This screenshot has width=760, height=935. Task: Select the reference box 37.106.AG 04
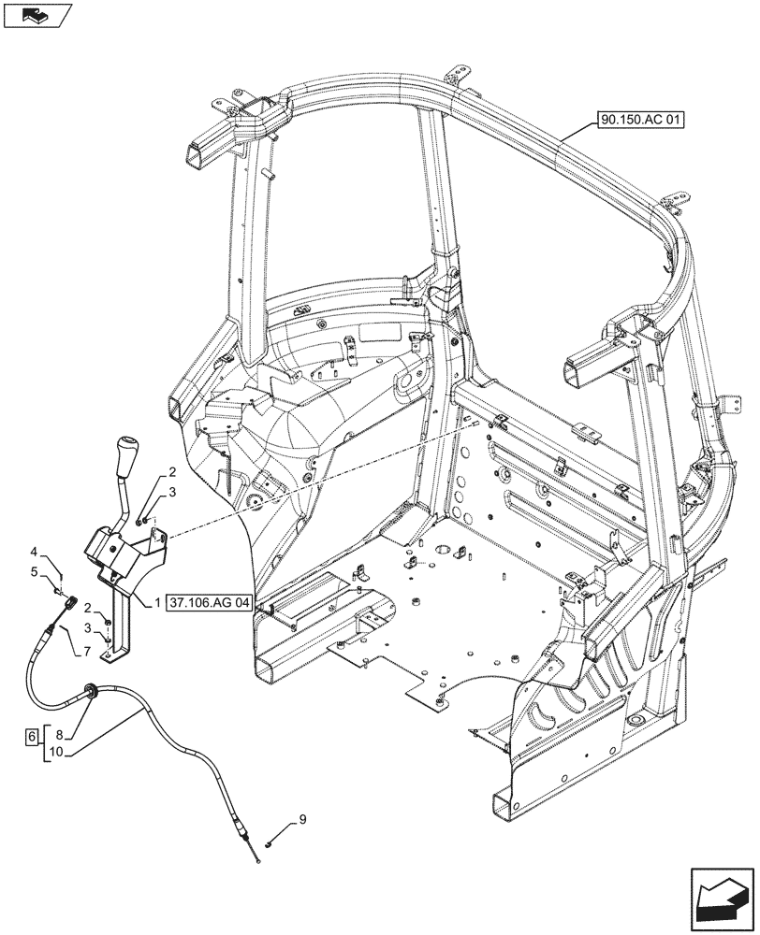pyautogui.click(x=209, y=604)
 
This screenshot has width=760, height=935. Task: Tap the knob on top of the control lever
pyautogui.click(x=125, y=454)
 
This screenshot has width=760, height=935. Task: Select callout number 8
pyautogui.click(x=59, y=736)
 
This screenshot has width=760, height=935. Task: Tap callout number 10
pyautogui.click(x=58, y=752)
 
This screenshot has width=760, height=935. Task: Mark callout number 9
pyautogui.click(x=301, y=822)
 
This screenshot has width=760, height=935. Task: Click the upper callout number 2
pyautogui.click(x=172, y=472)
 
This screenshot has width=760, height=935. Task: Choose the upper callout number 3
pyautogui.click(x=172, y=492)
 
